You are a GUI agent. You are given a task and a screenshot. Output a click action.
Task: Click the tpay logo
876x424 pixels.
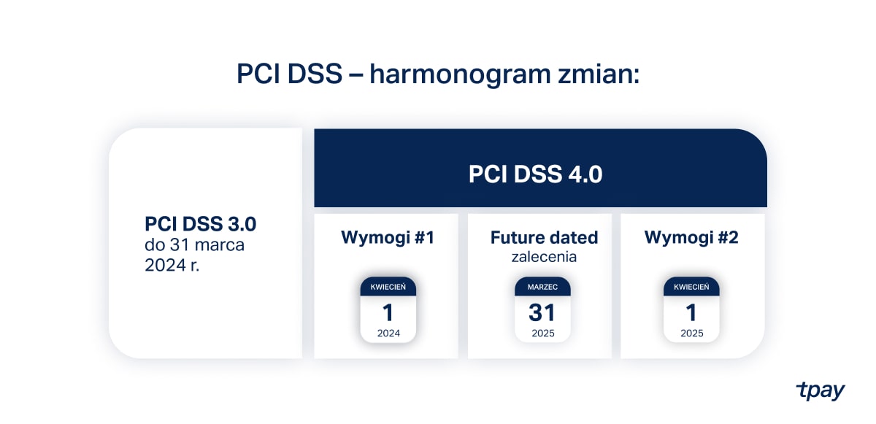[x=820, y=390]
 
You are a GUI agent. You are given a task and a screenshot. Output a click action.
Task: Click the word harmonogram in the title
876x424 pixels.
[x=460, y=74]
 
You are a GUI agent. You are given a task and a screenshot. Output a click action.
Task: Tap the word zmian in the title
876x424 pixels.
[x=599, y=74]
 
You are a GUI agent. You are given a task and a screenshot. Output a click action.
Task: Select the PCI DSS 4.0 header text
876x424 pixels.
[x=535, y=174]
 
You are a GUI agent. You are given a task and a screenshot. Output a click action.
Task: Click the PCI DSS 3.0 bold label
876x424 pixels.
[x=200, y=224]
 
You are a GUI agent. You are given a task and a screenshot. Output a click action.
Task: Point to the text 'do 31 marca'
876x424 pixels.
[x=194, y=245]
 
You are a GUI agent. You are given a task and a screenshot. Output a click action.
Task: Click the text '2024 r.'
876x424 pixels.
[x=172, y=266]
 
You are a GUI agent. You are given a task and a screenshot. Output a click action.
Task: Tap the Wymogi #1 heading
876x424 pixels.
[x=388, y=238]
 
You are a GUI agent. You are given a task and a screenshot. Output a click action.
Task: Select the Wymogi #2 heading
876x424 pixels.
[x=691, y=237]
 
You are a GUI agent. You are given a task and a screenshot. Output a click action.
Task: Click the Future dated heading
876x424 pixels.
[x=544, y=237]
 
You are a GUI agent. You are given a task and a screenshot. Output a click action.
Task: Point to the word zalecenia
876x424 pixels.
[x=544, y=257]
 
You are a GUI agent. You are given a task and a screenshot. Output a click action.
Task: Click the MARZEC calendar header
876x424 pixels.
[x=542, y=287]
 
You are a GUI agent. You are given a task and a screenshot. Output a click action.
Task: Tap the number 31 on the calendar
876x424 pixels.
[x=542, y=312]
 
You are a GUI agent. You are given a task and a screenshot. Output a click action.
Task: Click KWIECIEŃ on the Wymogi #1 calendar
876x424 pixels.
[x=388, y=287]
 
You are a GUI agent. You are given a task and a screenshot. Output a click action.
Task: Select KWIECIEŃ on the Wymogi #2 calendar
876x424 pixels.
[x=691, y=287]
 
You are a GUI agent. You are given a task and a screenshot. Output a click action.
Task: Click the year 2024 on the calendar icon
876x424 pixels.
[x=388, y=333]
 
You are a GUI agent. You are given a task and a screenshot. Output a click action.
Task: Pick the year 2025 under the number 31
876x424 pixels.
[x=543, y=333]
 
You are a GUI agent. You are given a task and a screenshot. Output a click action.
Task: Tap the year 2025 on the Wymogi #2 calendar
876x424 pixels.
[x=691, y=333]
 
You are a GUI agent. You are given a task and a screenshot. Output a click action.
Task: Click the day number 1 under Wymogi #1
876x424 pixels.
[x=388, y=312]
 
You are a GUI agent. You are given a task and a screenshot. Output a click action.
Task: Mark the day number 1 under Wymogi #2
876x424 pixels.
[x=691, y=312]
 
